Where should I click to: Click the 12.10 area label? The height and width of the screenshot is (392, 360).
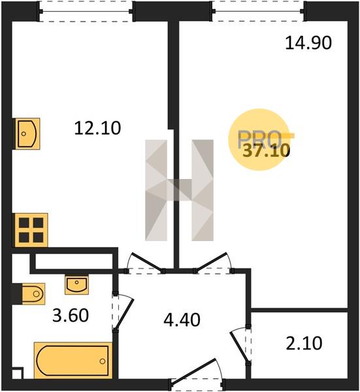click(97, 128)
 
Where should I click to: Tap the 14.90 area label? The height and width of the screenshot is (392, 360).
click(308, 42)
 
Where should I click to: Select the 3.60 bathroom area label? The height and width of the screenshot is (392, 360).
click(71, 315)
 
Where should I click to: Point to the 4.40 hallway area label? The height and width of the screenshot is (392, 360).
click(182, 319)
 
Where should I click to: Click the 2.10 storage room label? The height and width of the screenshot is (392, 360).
click(304, 343)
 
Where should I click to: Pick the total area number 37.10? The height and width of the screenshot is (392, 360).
click(266, 151)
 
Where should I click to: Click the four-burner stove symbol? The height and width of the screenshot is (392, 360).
click(31, 230)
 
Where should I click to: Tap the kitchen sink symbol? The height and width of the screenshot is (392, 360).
click(27, 134)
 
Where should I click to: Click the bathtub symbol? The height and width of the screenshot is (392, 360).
click(73, 360)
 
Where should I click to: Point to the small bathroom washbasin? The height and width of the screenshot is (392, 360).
click(76, 284)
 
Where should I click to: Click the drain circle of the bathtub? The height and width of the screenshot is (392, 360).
click(102, 361)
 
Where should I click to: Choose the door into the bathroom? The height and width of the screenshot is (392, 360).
click(123, 312)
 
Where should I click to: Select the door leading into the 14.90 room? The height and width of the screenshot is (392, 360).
click(213, 263)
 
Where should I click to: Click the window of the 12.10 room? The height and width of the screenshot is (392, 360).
click(86, 11)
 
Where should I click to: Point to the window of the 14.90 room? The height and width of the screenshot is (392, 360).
click(259, 11)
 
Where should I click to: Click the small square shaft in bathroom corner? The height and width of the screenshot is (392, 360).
click(18, 373)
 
